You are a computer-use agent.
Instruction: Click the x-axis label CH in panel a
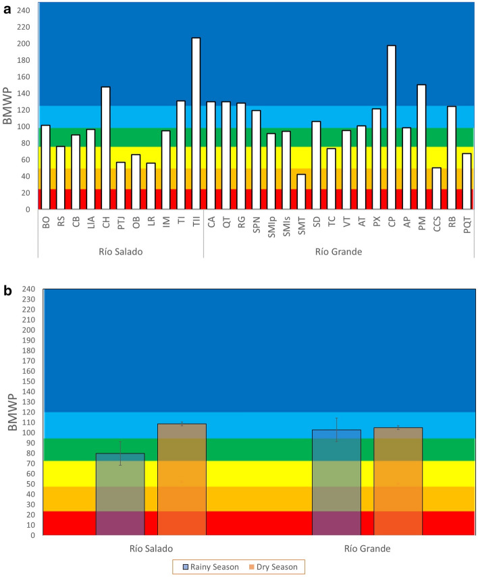(105, 221)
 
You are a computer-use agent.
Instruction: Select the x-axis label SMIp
(271, 225)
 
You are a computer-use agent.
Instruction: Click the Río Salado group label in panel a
(121, 251)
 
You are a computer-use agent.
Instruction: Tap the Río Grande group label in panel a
(334, 251)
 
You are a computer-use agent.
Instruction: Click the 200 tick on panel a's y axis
(24, 44)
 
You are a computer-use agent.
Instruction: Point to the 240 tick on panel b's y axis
(28, 289)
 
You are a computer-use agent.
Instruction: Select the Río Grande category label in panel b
(367, 547)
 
